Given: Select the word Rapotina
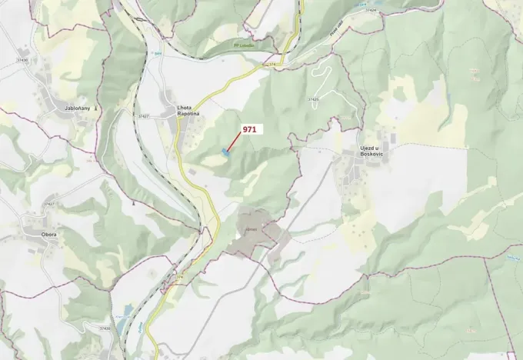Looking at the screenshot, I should [x=188, y=114].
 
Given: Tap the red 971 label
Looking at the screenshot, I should [x=249, y=130].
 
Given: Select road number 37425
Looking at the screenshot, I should [x=313, y=99].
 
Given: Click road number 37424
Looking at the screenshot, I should [x=371, y=10].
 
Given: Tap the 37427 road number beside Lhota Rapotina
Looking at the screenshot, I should [x=144, y=116].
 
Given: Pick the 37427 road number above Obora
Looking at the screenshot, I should [x=49, y=204].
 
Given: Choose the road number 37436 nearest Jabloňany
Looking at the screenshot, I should [x=22, y=60].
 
